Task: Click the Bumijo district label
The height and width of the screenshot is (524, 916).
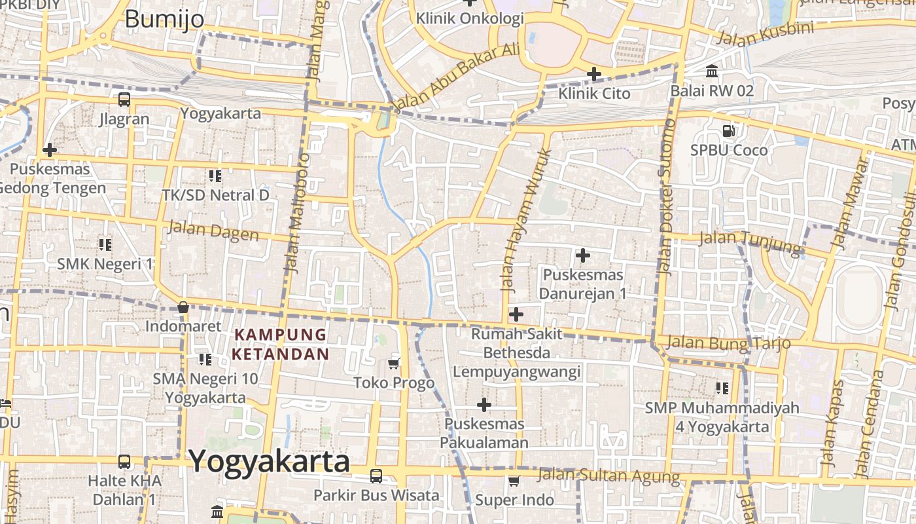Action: (x=164, y=19)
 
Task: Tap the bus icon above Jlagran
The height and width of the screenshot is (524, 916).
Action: (x=124, y=100)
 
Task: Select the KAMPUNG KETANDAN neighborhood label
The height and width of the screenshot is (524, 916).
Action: (x=280, y=345)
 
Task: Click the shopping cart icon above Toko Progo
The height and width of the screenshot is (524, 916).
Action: (x=394, y=364)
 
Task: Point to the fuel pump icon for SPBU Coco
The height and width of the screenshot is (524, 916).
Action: (x=728, y=131)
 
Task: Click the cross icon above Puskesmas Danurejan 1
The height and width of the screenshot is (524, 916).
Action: (x=582, y=255)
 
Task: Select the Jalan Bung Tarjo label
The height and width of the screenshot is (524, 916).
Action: (x=728, y=343)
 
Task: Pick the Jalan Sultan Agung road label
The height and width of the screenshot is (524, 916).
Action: (x=608, y=475)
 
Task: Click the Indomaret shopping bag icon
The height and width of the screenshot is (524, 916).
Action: (x=183, y=307)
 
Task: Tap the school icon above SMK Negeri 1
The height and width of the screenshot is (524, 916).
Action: (x=105, y=245)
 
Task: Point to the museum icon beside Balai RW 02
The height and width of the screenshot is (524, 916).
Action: (x=712, y=71)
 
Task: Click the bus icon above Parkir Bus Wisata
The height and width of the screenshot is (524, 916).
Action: (x=376, y=476)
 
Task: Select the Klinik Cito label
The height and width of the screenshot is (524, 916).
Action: (x=594, y=94)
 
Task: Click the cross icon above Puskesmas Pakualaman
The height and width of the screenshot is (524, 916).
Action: (x=484, y=405)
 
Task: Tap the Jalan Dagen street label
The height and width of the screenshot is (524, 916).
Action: (x=213, y=231)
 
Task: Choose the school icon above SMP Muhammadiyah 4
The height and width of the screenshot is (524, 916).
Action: (x=722, y=388)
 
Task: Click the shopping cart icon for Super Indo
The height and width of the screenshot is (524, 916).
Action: (x=514, y=481)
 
